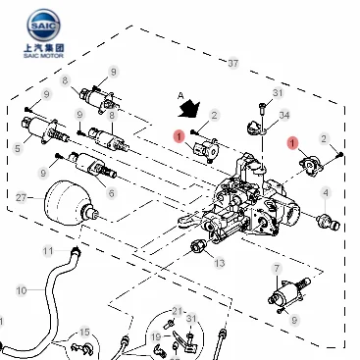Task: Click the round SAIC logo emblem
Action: (44, 26)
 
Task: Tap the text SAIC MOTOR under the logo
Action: (43, 56)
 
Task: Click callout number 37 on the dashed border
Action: (232, 63)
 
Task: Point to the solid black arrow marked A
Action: (189, 109)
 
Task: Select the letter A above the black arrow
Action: (180, 96)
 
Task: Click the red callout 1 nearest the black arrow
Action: (180, 136)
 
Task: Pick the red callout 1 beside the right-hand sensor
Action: (292, 143)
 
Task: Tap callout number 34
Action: (284, 115)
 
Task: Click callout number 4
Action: (326, 193)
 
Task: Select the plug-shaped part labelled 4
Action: (328, 222)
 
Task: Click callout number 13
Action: (220, 263)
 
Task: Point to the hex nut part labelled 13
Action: (197, 245)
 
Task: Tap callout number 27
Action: (21, 197)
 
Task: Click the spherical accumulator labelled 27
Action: (71, 203)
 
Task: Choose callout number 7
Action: (277, 269)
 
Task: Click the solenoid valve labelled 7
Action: (289, 291)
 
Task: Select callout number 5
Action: (18, 148)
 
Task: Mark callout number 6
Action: (112, 193)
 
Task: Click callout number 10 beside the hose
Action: (22, 290)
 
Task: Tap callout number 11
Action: (48, 251)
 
